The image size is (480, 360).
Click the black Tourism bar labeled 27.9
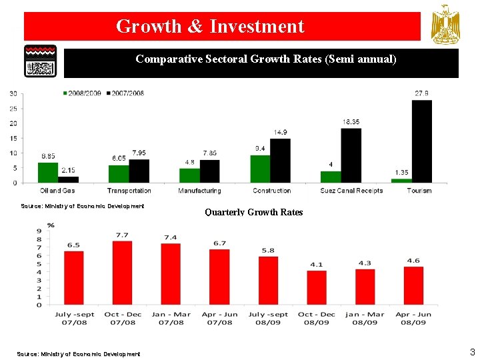[x=422, y=141]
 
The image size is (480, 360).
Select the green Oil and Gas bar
[x=48, y=172]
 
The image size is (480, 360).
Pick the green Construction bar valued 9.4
[x=261, y=169]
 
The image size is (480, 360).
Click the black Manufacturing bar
[x=209, y=171]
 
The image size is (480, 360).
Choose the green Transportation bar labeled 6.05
[x=119, y=173]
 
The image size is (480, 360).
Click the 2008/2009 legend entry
[x=83, y=93]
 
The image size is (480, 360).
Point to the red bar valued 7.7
[x=123, y=273]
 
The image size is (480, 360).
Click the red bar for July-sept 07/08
[x=74, y=277]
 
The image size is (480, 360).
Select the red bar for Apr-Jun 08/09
[x=413, y=285]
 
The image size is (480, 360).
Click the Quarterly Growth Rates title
[x=253, y=213]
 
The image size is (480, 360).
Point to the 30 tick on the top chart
[x=13, y=93]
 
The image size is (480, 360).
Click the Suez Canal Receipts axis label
[x=351, y=191]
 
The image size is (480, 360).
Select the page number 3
[x=472, y=352]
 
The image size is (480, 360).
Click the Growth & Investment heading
[x=210, y=27]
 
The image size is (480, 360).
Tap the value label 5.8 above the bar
[x=269, y=250]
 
